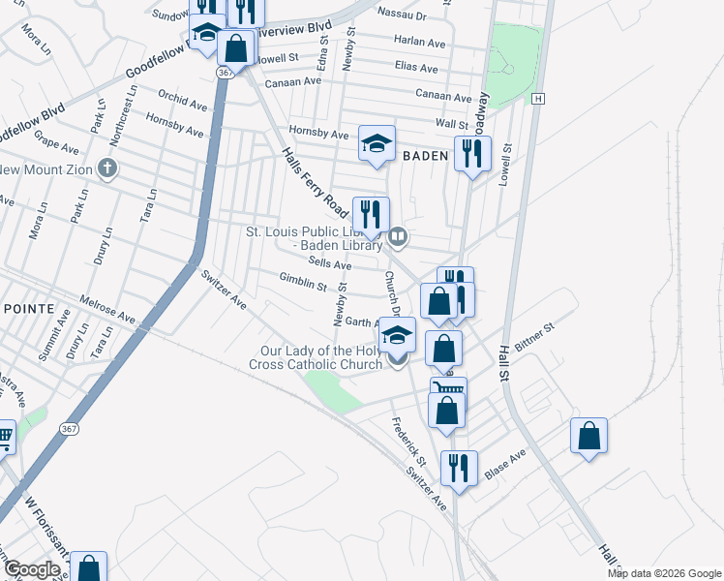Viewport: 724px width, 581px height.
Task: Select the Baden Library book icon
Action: click(397, 236)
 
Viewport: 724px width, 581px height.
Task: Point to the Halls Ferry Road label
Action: click(316, 185)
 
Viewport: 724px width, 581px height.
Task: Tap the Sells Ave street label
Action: click(329, 263)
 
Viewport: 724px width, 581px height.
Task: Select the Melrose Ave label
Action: click(107, 309)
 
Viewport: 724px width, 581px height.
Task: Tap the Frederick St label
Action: click(409, 439)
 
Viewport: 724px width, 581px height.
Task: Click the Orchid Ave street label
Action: click(183, 101)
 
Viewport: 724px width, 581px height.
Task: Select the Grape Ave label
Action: click(55, 148)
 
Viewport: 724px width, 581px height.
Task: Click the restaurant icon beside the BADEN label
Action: click(472, 153)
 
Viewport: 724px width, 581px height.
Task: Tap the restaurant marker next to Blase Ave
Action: click(458, 468)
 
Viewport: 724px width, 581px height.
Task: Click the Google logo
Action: click(32, 569)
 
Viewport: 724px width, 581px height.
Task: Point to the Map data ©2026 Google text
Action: click(663, 573)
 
